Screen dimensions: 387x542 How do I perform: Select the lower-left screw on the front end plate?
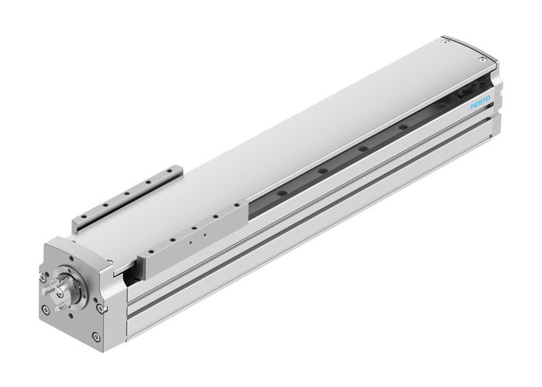click(47, 310)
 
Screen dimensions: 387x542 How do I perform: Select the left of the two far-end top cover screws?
click(444, 37)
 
